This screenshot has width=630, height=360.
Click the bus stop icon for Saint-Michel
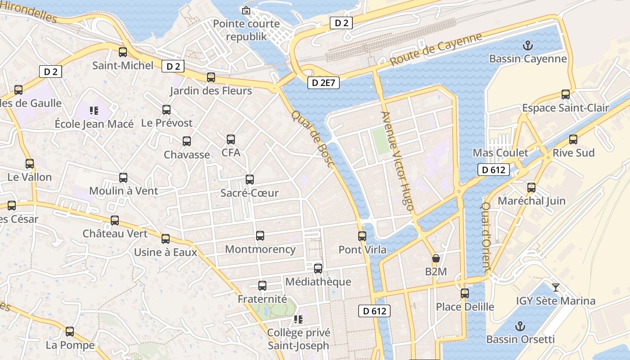122,52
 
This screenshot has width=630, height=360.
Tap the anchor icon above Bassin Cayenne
527,45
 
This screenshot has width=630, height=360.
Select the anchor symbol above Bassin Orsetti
520,326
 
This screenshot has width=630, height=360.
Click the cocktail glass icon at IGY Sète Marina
556,287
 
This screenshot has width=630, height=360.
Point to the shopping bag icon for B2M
436,258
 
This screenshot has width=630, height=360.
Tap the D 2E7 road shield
324,83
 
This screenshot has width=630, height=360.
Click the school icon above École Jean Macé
94,110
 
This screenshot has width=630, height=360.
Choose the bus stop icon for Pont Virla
362,236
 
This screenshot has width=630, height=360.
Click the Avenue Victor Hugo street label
397,161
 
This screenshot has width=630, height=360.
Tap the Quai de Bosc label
312,139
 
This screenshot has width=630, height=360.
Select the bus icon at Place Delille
465,293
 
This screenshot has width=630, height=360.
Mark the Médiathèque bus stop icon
318,269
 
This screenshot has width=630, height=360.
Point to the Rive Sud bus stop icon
573,139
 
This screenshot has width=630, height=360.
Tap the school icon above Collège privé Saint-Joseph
298,319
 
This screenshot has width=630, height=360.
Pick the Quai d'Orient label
486,236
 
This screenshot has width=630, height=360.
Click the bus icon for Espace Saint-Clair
566,94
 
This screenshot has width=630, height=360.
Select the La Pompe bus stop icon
70,332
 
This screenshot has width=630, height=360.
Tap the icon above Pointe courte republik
246,10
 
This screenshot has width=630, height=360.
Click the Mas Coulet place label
500,153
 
